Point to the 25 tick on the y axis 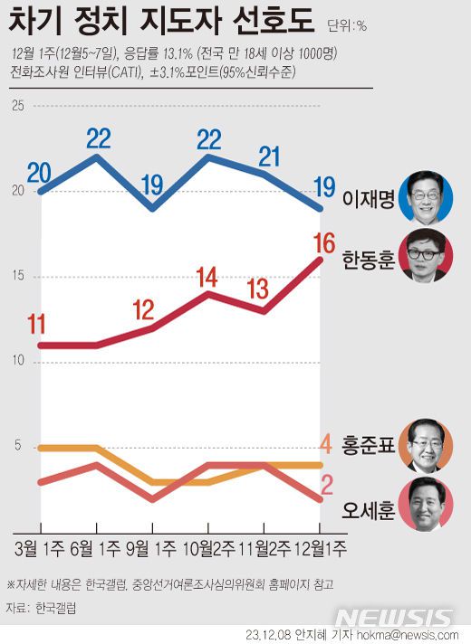click(17, 106)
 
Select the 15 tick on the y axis click(17, 277)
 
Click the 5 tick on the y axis click(17, 447)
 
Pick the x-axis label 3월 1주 click(41, 548)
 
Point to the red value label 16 click(322, 242)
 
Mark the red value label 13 click(258, 289)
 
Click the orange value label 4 click(326, 444)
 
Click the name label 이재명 click(369, 199)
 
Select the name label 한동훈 click(369, 263)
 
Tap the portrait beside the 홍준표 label click(429, 446)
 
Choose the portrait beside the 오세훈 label click(429, 506)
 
